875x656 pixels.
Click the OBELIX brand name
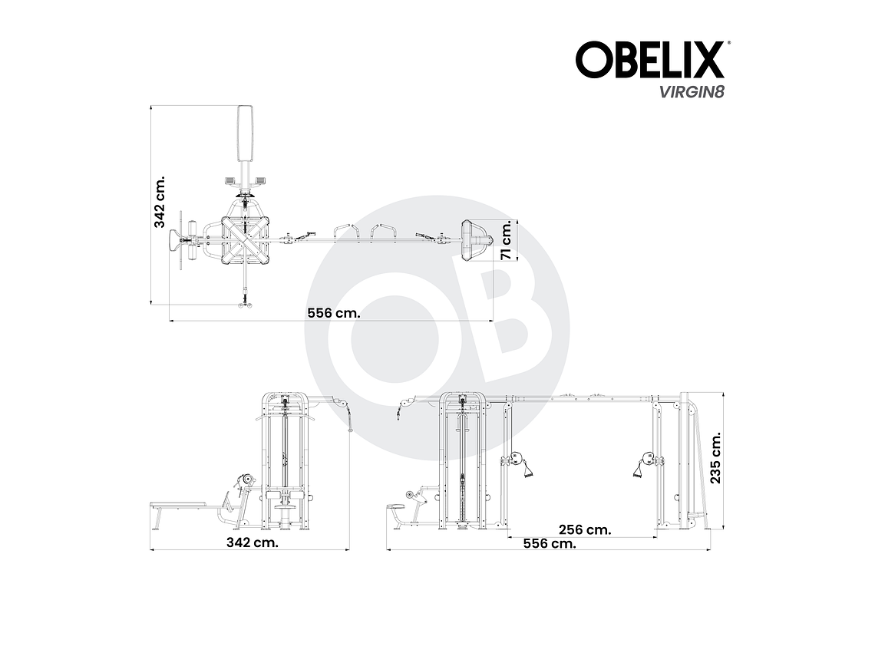point(649,60)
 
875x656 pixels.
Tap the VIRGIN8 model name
point(689,91)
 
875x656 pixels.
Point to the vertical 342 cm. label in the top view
point(160,203)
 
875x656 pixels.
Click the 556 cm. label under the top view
point(333,312)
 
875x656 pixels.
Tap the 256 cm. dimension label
point(585,529)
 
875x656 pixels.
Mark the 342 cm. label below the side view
point(253,542)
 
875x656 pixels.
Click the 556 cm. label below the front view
point(549,543)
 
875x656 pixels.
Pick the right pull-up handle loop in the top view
point(384,230)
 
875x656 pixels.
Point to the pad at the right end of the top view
point(474,240)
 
